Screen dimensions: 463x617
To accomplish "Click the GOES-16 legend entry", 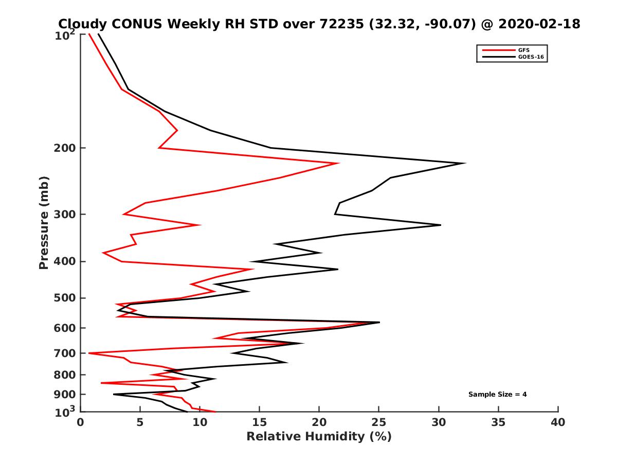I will [x=530, y=57].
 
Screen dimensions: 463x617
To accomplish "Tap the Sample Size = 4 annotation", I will [x=497, y=395].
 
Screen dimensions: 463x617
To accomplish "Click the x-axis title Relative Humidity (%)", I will [x=319, y=437].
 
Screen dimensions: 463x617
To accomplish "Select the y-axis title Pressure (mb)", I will [x=44, y=222].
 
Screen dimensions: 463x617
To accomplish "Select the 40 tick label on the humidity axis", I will [x=558, y=422].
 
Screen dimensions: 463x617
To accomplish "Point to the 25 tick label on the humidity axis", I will [x=379, y=422].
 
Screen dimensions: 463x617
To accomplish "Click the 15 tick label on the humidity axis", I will [x=260, y=422].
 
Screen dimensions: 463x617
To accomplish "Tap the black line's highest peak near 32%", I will [x=465, y=163].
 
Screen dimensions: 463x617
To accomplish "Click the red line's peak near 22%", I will [x=338, y=164].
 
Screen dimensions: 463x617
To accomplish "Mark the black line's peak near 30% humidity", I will [x=440, y=225].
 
